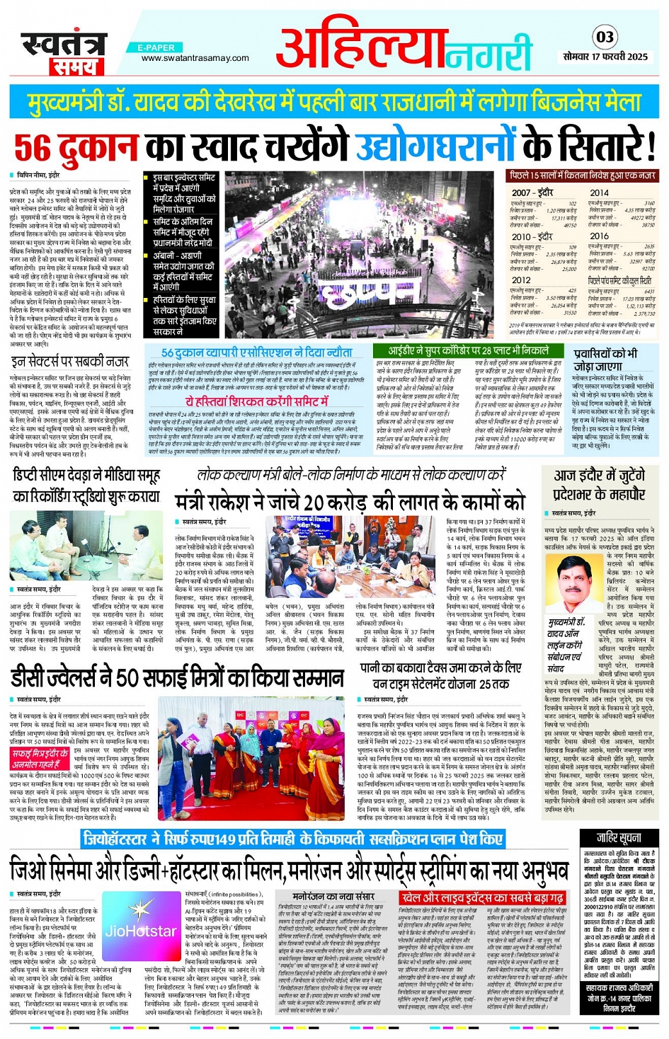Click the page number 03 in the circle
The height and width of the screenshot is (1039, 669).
point(605,37)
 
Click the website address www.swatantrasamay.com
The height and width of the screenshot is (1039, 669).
point(195,58)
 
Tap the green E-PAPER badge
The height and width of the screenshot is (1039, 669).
point(156,47)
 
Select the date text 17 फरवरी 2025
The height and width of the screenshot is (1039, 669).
point(624,56)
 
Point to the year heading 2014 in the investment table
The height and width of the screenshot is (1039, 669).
point(599,193)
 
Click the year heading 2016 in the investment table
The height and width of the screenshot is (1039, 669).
point(599,236)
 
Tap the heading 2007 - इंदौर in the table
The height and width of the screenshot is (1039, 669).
point(532,193)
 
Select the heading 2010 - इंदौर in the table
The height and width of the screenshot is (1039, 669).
point(532,236)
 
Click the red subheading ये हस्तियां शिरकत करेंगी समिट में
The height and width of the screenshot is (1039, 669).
point(258,401)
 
